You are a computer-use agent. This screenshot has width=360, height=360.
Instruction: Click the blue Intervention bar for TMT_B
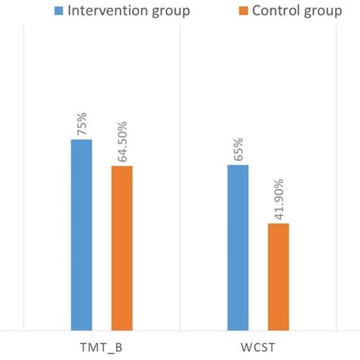(x=81, y=235)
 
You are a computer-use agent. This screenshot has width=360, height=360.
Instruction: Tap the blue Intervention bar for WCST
(x=238, y=248)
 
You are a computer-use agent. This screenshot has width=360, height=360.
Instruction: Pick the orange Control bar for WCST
(x=279, y=277)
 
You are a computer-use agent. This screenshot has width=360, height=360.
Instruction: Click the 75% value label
(x=81, y=122)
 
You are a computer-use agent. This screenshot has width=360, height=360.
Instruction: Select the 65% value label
(x=238, y=147)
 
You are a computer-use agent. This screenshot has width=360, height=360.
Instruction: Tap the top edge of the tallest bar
(x=81, y=140)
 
